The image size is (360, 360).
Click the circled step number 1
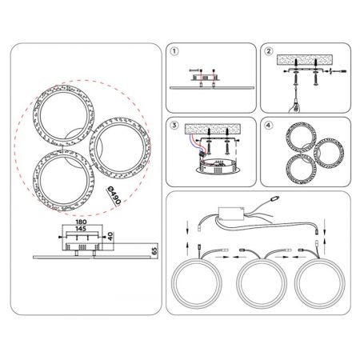(x=174, y=51)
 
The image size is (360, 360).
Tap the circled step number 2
(x=269, y=51)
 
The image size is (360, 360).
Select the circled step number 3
(x=174, y=125)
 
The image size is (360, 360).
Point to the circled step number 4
(x=269, y=125)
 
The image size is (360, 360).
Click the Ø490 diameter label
(x=114, y=196)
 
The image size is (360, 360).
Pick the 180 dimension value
(x=81, y=222)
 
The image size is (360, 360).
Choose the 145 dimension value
(x=81, y=229)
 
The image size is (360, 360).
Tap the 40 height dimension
(x=110, y=236)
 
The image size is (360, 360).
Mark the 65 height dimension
(x=154, y=251)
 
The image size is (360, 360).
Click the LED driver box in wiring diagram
(x=231, y=214)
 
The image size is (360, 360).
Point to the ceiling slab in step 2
(x=305, y=60)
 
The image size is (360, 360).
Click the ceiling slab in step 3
(x=213, y=129)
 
